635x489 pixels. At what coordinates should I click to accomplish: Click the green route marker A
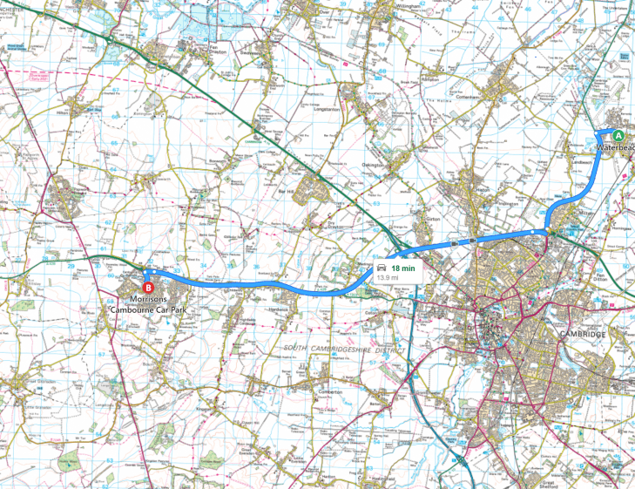pyautogui.click(x=618, y=135)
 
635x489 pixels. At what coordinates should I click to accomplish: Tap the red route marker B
pyautogui.click(x=148, y=286)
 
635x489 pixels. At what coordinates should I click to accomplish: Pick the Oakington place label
pyautogui.click(x=372, y=164)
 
